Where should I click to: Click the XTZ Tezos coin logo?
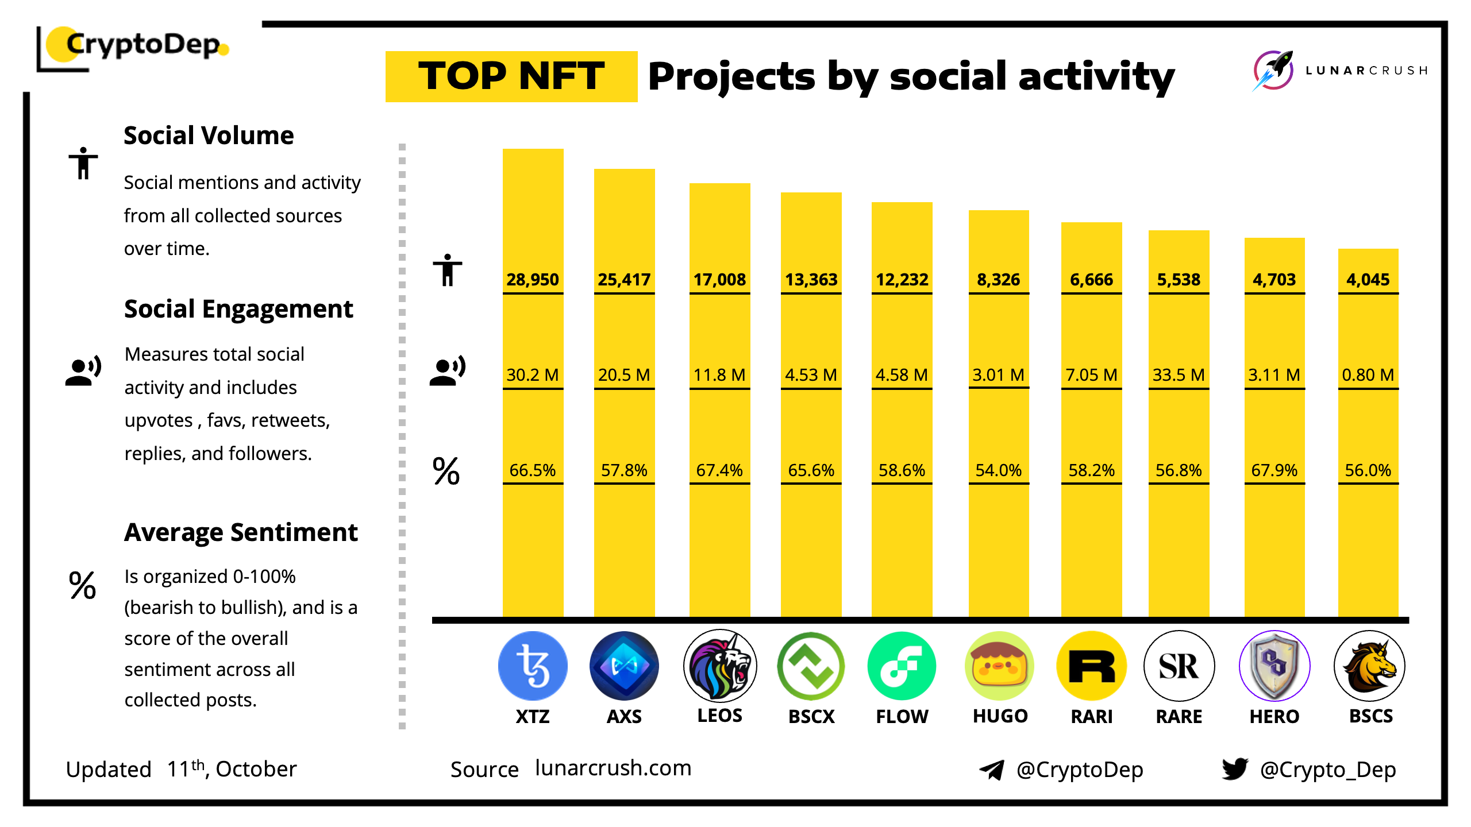pos(533,666)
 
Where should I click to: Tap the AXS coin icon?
pos(624,666)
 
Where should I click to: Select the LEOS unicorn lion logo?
pos(719,666)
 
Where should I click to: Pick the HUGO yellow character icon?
pos(999,666)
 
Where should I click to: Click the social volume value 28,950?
pos(533,280)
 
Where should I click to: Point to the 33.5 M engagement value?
pos(1179,375)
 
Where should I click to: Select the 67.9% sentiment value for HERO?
pos(1274,470)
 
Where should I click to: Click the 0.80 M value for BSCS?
pos(1368,375)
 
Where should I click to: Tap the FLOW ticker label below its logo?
pos(902,716)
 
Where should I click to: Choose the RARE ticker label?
pos(1179,716)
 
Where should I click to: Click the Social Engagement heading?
pos(238,309)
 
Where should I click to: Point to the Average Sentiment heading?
pos(241,532)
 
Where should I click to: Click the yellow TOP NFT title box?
pos(511,76)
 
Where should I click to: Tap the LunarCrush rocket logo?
pos(1273,71)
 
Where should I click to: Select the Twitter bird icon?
pos(1235,768)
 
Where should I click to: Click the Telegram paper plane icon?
pos(992,770)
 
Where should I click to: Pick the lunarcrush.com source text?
pos(613,768)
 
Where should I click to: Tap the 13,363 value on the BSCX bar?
pos(811,280)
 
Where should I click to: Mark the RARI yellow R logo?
pos(1091,666)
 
